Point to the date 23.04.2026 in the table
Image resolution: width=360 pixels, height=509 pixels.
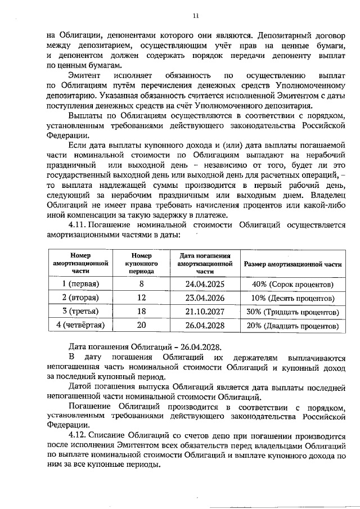point(205,298)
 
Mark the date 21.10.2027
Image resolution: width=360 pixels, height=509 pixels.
point(205,312)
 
